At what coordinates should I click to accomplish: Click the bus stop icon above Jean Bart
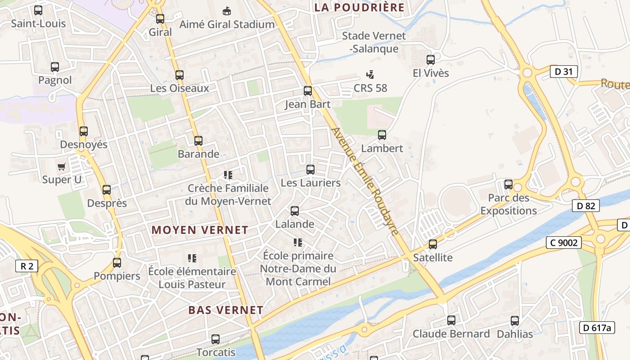tap(308, 91)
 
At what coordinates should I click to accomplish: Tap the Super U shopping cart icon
tap(62, 166)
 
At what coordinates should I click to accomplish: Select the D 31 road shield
tap(563, 71)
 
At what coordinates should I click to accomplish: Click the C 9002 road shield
tap(564, 243)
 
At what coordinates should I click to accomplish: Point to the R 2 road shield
tap(27, 266)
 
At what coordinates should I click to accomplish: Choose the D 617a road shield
tap(597, 328)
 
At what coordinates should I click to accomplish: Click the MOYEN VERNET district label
tap(200, 230)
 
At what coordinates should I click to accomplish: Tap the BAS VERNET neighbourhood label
tap(226, 310)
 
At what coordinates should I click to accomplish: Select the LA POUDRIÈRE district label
tap(360, 7)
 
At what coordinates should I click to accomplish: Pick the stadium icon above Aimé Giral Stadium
tap(227, 11)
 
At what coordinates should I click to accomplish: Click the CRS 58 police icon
tap(370, 75)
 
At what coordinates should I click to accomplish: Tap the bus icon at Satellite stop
tap(433, 244)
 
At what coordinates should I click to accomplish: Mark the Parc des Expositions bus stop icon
tap(508, 184)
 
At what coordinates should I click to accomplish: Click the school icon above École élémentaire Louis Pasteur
tap(192, 258)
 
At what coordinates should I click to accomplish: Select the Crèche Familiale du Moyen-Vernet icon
tap(228, 175)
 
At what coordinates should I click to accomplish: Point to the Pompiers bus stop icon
tap(117, 262)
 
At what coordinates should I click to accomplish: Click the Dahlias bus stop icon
tap(515, 321)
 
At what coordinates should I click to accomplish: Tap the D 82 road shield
tap(585, 206)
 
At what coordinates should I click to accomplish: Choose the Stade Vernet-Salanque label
tap(373, 42)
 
